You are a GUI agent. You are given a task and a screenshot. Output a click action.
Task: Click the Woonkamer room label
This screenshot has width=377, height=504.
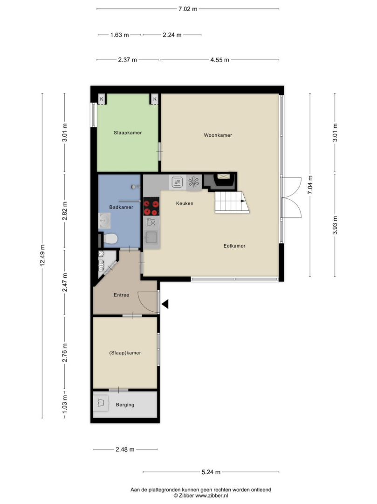218,135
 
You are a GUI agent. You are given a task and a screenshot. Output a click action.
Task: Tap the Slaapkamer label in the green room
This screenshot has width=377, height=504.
128,133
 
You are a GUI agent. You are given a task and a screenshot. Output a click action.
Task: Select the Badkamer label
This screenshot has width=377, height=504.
121,207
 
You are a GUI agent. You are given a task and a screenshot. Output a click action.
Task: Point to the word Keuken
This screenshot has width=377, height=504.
185,203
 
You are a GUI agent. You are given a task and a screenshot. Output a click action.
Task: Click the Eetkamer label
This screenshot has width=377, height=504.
234,246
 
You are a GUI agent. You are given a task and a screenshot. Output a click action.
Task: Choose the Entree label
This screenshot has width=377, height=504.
121,295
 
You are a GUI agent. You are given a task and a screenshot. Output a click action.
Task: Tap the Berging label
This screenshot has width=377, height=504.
125,405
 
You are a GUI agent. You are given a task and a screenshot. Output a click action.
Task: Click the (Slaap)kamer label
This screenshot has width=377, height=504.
125,353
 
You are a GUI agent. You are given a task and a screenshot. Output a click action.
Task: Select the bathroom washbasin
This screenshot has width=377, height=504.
104,220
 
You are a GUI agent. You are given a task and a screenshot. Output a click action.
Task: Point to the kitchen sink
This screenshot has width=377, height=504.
151,238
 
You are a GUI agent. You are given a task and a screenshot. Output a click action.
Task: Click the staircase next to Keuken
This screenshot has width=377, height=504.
232,202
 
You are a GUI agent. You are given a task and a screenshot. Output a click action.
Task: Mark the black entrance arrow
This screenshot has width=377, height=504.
165,304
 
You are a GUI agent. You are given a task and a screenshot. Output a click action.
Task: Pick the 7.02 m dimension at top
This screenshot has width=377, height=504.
188,9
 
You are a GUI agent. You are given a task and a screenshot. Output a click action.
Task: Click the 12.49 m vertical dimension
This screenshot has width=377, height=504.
42,256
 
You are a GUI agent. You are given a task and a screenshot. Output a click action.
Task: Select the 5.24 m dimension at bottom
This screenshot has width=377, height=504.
211,472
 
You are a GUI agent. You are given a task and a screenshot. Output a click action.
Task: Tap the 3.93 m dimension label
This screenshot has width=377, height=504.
335,225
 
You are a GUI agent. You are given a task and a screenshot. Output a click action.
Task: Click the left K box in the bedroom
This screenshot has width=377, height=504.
102,99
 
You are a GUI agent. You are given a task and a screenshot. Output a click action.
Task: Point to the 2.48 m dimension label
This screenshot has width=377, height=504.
125,450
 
